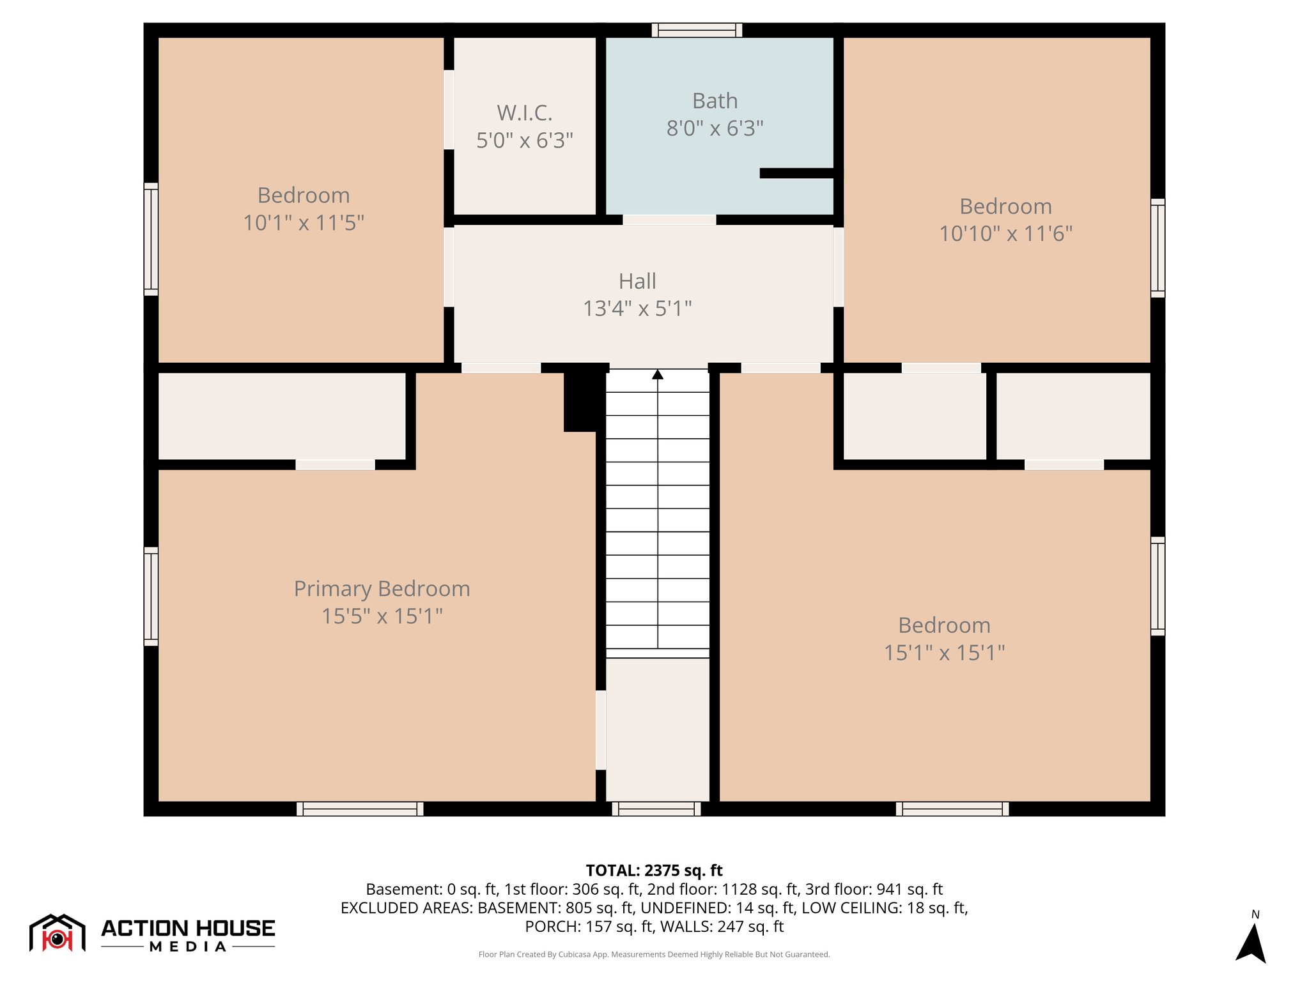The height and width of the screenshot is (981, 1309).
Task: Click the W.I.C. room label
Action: click(x=524, y=113)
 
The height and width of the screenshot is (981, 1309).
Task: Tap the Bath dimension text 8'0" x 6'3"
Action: click(x=715, y=128)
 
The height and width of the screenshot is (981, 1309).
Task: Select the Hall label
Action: click(x=637, y=281)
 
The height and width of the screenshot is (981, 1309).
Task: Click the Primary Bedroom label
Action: click(x=382, y=588)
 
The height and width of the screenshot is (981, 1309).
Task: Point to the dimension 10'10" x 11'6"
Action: click(x=1005, y=234)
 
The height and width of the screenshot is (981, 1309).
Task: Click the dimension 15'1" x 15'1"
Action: click(x=944, y=653)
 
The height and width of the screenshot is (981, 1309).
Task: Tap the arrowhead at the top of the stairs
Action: click(x=658, y=374)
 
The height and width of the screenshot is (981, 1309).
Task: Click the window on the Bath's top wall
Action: click(x=697, y=30)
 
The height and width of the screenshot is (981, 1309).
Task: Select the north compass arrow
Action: click(x=1251, y=943)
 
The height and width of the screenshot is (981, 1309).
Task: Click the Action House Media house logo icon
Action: click(x=57, y=933)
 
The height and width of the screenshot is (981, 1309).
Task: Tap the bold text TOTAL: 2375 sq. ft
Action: click(x=654, y=871)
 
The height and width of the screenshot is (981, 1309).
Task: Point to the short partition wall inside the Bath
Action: click(x=797, y=173)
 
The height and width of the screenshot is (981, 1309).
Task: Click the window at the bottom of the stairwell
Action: click(x=656, y=809)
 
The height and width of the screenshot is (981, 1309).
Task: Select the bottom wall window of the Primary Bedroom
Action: click(x=360, y=809)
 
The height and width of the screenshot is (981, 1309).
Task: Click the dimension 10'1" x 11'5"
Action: click(x=304, y=223)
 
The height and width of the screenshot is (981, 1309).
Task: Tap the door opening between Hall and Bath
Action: click(x=669, y=220)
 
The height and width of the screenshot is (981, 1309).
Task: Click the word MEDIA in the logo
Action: click(x=188, y=947)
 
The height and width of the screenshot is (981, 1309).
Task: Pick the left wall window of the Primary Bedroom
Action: click(x=151, y=596)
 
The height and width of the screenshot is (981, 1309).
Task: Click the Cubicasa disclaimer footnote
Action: click(x=654, y=954)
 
